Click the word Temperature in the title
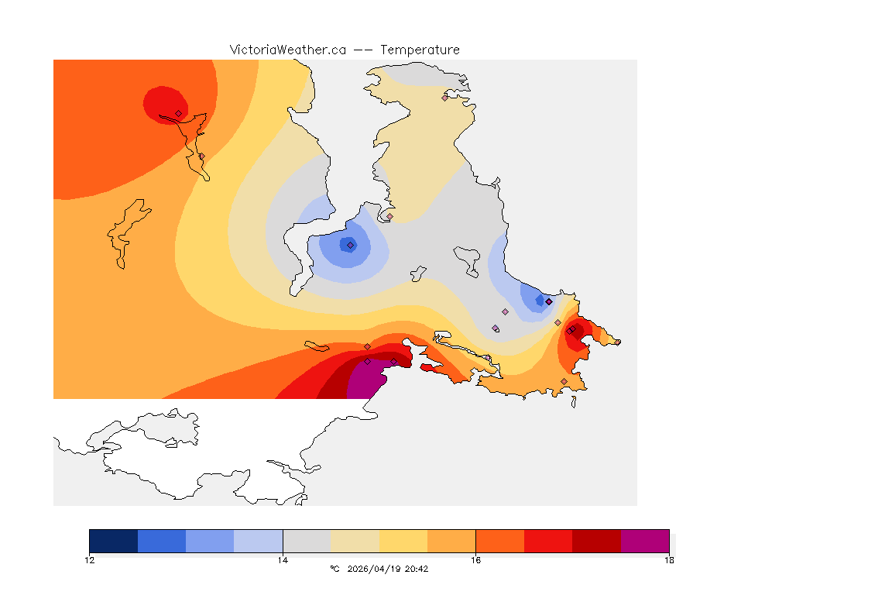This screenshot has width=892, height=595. click(x=420, y=50)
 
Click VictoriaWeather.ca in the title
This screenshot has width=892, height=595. click(x=287, y=50)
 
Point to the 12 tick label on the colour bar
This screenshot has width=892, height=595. click(x=90, y=560)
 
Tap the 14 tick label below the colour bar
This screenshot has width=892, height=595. click(x=283, y=560)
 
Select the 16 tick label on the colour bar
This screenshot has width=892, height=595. click(x=475, y=560)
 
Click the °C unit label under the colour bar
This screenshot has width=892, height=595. click(x=334, y=569)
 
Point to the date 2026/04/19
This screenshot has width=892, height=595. click(x=374, y=569)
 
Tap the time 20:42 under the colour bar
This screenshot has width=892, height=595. click(x=417, y=569)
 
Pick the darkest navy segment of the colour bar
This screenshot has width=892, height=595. click(x=113, y=541)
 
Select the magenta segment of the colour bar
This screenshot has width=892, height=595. click(x=645, y=541)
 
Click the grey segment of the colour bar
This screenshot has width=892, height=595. click(x=307, y=541)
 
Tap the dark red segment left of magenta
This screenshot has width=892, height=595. click(x=596, y=541)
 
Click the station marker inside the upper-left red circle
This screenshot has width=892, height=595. click(x=178, y=113)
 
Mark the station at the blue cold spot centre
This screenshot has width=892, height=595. click(x=350, y=245)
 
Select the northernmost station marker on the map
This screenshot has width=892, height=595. click(x=445, y=98)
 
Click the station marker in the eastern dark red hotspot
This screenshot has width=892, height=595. click(x=570, y=331)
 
